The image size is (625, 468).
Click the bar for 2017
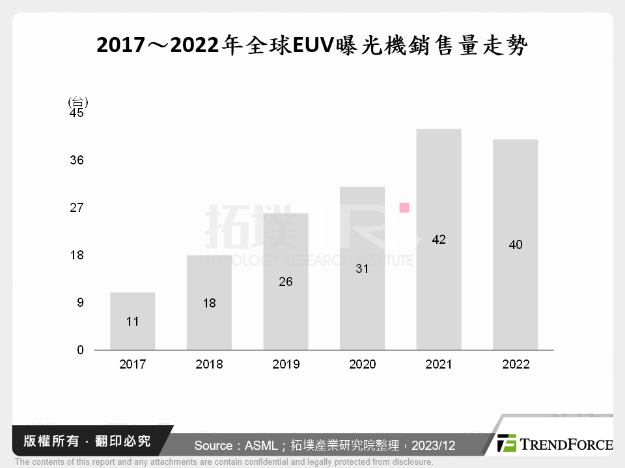pyautogui.click(x=132, y=321)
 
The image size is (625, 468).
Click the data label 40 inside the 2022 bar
pyautogui.click(x=516, y=245)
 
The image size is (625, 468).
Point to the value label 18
pyautogui.click(x=209, y=303)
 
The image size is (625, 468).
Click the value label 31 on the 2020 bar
pyautogui.click(x=362, y=268)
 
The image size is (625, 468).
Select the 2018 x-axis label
pyautogui.click(x=209, y=365)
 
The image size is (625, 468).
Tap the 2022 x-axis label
pyautogui.click(x=516, y=365)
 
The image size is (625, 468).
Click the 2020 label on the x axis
pyautogui.click(x=362, y=365)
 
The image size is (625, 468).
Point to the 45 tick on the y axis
pyautogui.click(x=77, y=113)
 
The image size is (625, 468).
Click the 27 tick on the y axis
pyautogui.click(x=77, y=208)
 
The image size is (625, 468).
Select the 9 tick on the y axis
pyautogui.click(x=80, y=303)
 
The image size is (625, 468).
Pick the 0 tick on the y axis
pyautogui.click(x=80, y=350)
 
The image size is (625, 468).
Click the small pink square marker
pyautogui.click(x=404, y=207)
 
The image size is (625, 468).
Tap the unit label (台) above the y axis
pyautogui.click(x=77, y=102)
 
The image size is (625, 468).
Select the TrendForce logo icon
pyautogui.click(x=507, y=444)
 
